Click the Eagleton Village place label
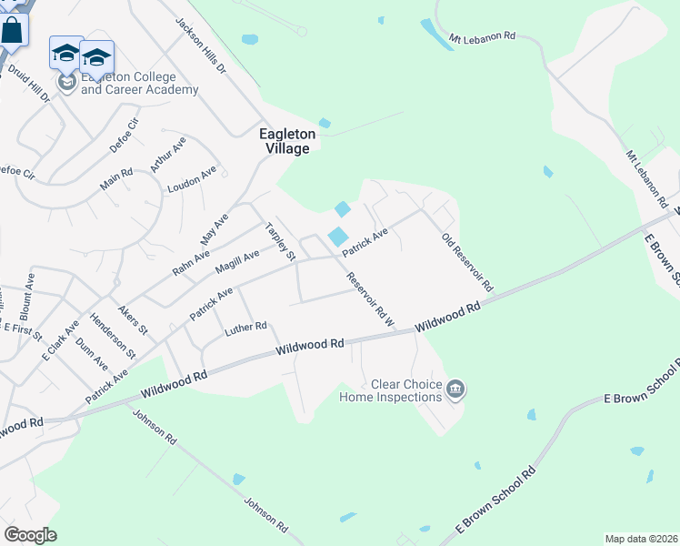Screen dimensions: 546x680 coord(287,141)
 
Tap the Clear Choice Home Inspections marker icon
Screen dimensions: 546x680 coord(456,390)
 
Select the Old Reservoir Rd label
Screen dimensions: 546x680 coord(466,262)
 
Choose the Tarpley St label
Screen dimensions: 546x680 coord(280,241)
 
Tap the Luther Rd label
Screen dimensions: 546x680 coord(246,328)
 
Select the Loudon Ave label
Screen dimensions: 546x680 coord(192,178)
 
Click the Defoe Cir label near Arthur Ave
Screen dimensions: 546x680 coord(128,136)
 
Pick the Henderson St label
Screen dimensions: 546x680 coord(113,335)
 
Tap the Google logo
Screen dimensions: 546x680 coord(30,535)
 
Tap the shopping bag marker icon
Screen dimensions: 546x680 coord(13,29)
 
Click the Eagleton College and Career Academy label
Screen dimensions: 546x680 coord(139,83)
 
